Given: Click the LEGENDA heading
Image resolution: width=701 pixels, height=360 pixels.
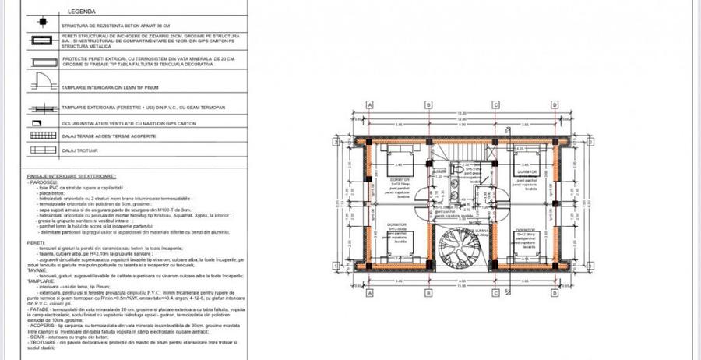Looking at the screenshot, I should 82,13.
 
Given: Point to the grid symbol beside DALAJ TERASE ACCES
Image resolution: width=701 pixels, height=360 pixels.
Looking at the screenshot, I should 38,136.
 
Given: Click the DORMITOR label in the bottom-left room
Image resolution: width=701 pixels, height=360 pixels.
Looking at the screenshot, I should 396,224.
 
